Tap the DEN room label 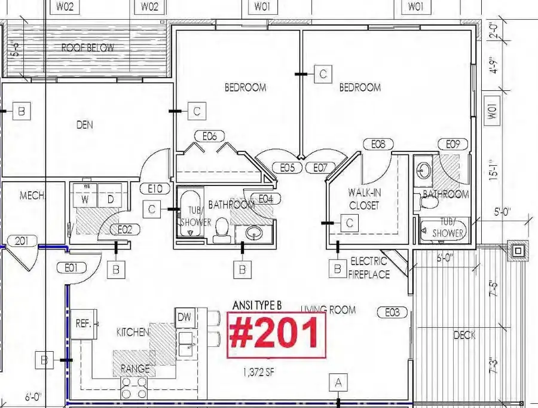[x=85, y=125]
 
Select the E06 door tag [x=209, y=136]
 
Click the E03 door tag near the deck [x=392, y=311]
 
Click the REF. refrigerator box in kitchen [x=82, y=323]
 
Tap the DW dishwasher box [x=184, y=317]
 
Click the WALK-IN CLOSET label [x=365, y=199]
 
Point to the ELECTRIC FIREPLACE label [x=370, y=267]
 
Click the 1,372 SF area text [x=259, y=373]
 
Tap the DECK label [x=464, y=335]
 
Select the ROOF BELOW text [x=87, y=48]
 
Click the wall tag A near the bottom [x=339, y=382]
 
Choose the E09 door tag [x=453, y=144]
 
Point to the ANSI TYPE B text [x=256, y=305]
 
